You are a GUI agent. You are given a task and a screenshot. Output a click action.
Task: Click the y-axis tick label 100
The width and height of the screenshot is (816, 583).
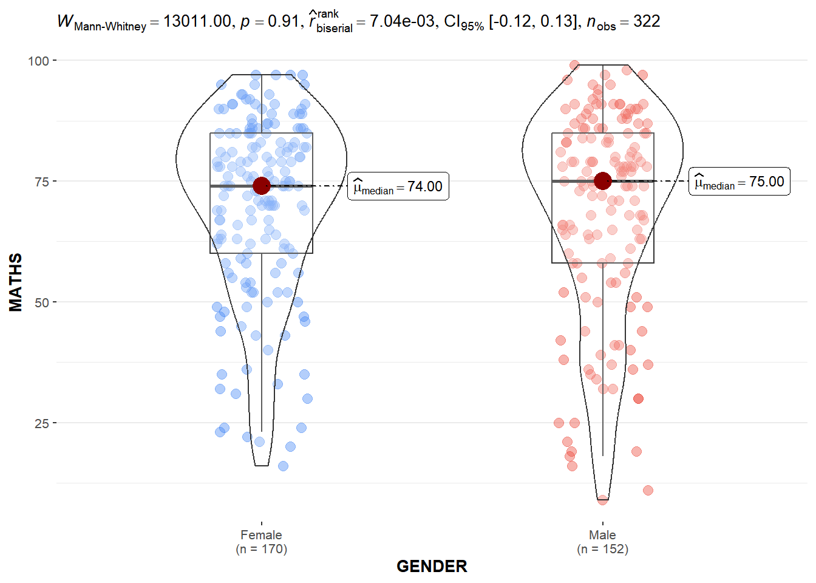tap(38, 61)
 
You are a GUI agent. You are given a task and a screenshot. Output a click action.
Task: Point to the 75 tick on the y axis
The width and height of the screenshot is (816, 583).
tap(42, 182)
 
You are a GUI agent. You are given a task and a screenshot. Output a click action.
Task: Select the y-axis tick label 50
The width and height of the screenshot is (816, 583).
tap(42, 302)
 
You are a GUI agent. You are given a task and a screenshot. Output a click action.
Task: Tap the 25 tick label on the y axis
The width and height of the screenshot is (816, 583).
tap(42, 423)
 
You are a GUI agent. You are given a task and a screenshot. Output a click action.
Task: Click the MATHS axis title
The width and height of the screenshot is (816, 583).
tap(16, 282)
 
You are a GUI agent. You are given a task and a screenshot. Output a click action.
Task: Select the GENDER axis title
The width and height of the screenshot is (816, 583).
tap(432, 566)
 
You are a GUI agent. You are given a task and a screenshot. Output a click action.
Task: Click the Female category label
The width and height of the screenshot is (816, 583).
tap(261, 535)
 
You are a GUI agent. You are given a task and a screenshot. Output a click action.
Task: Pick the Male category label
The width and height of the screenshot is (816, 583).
tap(602, 535)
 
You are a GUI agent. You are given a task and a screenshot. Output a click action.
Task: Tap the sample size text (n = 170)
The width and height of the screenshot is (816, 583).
tap(261, 549)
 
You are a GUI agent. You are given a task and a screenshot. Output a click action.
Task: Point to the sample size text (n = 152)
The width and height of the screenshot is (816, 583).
tap(602, 549)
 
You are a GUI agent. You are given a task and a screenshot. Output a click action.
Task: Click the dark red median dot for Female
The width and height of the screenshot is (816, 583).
tap(261, 186)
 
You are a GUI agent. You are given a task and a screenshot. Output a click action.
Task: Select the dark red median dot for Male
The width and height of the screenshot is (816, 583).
tap(602, 181)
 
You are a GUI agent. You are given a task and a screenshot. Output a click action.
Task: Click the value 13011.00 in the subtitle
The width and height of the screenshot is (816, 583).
tap(197, 21)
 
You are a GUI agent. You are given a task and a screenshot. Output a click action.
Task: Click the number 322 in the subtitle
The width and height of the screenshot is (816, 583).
tap(647, 21)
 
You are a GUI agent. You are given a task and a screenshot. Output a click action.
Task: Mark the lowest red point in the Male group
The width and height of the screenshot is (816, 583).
tap(602, 500)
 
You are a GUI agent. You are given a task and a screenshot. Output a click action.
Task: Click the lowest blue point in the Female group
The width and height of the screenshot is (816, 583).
tap(283, 466)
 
